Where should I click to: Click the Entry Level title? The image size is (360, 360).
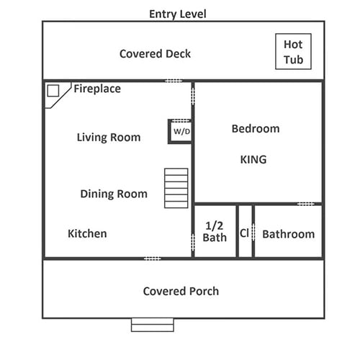178,14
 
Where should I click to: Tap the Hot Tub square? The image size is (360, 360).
293,51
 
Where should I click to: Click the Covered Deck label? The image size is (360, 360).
155,53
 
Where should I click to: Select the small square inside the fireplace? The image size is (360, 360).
53,91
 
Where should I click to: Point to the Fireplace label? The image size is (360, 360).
97,89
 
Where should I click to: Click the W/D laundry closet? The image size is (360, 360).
181,131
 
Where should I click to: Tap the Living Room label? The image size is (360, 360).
109,138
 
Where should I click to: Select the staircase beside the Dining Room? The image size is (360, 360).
176,188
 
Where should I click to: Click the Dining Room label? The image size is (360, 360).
114,194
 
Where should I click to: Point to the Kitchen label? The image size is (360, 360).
87,233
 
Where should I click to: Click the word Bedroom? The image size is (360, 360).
256,129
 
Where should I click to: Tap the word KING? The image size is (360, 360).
253,159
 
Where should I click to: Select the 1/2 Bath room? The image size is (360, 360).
215,231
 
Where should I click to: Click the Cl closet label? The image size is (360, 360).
244,233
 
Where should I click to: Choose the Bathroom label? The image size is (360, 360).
289,234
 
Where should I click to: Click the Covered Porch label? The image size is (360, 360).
181,291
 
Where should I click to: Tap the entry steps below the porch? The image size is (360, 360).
153,325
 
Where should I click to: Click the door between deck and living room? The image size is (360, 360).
174,81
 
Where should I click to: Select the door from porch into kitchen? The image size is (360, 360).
153,258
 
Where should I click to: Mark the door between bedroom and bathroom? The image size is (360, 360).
305,204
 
